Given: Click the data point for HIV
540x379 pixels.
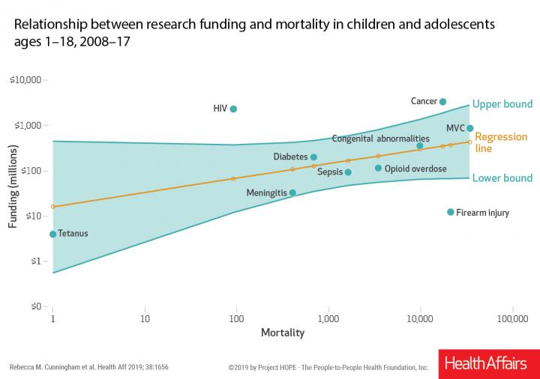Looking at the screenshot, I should coord(233,109).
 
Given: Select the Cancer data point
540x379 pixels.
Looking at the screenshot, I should coord(442,102).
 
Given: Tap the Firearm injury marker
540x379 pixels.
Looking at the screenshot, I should coord(451,212).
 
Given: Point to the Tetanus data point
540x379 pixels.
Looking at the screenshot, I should coord(52,234).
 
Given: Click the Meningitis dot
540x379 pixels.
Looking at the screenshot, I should coord(292,192).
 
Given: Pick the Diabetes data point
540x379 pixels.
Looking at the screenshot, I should coord(313,157).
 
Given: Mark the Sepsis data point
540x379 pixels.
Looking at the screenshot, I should coord(348,172).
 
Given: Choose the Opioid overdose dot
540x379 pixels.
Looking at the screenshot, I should coord(378,169).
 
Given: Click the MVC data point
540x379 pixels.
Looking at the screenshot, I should coord(470,128).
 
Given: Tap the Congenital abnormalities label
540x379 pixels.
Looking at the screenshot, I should coord(380,139).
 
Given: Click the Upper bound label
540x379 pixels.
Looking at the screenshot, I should coord(503,104).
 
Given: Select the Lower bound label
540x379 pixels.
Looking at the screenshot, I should coord(503,178).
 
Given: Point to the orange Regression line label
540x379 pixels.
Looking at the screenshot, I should coord(501,142).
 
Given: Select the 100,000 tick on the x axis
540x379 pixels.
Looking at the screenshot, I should coord(512,319).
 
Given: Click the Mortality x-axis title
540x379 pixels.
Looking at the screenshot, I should coord(282,332).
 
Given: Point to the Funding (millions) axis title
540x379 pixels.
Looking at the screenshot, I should coord(13,192).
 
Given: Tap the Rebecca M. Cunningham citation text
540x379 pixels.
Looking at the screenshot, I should coord(89,368).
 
